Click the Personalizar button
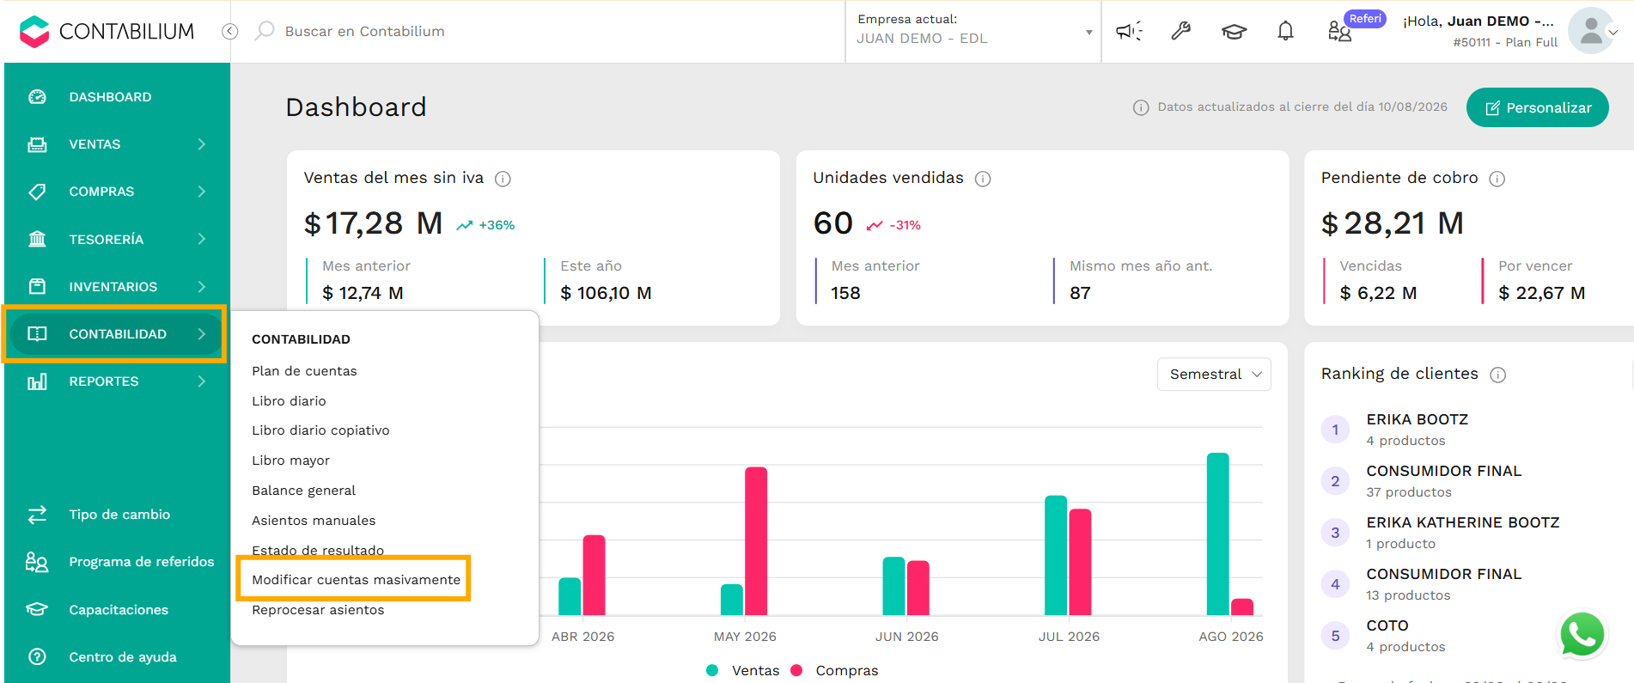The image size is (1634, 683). [1537, 107]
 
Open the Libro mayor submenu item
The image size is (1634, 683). [290, 460]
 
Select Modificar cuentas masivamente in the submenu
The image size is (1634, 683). [356, 580]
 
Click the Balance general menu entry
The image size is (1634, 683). [303, 491]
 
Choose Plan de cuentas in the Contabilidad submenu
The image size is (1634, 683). [304, 371]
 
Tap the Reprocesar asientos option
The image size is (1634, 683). [318, 610]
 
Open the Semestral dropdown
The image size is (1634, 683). [1214, 375]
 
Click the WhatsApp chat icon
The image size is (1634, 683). [1582, 636]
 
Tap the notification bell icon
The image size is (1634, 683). [1285, 32]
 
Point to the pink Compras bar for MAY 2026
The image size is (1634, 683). [756, 541]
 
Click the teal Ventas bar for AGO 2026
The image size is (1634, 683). [1217, 534]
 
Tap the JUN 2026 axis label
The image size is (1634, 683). [906, 637]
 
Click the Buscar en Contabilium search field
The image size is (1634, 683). [364, 31]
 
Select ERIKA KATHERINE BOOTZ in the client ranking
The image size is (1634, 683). [1462, 522]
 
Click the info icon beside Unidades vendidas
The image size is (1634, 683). [983, 179]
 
